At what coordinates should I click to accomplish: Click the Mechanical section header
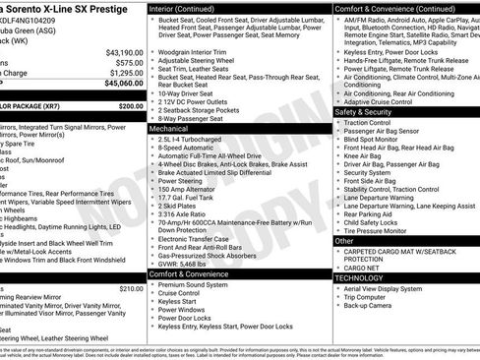click(x=169, y=129)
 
